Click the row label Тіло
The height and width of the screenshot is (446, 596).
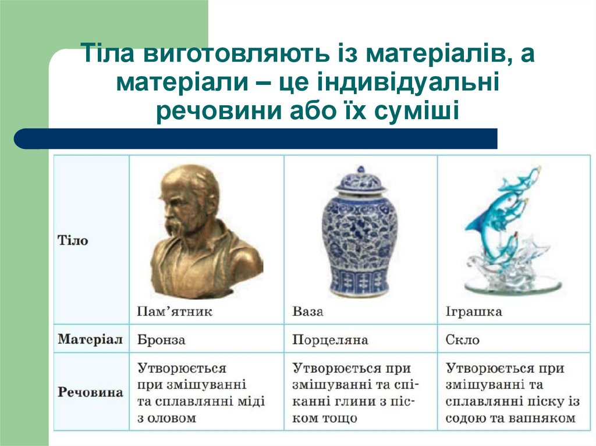(x=73, y=240)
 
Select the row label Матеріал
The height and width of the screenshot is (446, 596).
(x=90, y=340)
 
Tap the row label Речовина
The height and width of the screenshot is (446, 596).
(x=90, y=392)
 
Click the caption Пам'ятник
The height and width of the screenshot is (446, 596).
(x=175, y=312)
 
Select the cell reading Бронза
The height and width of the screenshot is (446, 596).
(x=161, y=340)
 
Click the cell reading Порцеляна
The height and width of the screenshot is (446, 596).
(x=330, y=340)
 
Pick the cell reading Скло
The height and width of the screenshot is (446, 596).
(x=462, y=340)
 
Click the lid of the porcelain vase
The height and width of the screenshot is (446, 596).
(x=360, y=181)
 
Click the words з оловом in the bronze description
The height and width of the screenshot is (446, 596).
(x=166, y=418)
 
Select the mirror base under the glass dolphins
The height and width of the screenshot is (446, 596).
(x=512, y=286)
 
